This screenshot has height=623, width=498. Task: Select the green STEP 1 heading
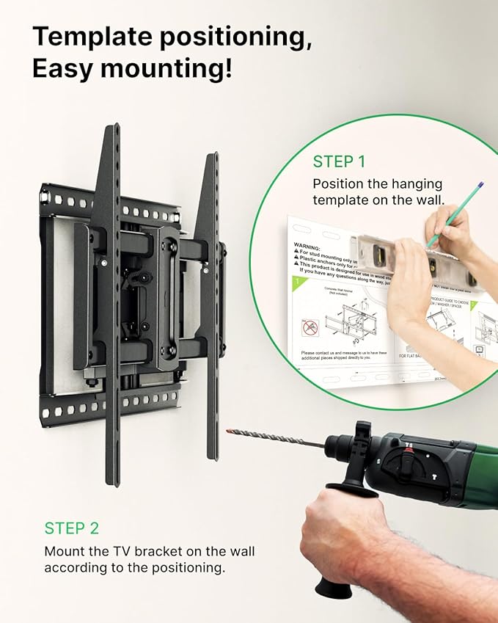coord(339,161)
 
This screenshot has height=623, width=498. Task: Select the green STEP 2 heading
coord(72,528)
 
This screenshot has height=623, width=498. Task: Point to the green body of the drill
coord(469,470)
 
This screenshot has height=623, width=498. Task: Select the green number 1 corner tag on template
coord(296,282)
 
